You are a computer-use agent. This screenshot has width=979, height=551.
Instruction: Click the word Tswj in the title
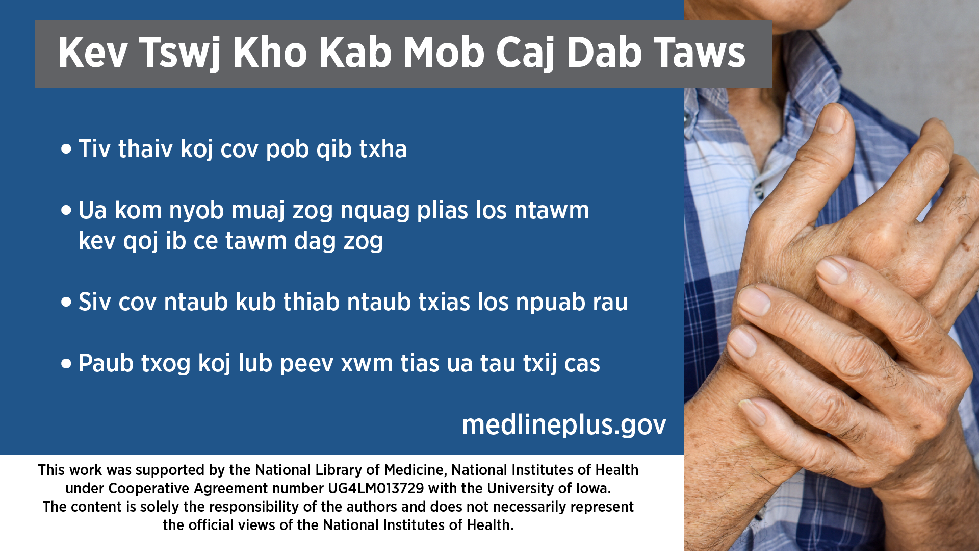click(180, 53)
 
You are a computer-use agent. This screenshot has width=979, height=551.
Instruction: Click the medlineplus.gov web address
click(564, 424)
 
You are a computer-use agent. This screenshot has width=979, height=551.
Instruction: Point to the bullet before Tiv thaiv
click(66, 149)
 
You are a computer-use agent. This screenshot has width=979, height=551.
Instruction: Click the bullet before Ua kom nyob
click(66, 210)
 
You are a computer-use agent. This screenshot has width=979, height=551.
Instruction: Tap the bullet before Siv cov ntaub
click(66, 302)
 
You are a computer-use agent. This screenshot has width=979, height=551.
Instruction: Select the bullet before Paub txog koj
click(66, 363)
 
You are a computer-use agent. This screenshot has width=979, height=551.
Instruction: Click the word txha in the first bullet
click(383, 149)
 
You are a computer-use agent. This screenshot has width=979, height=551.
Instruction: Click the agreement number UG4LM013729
click(376, 488)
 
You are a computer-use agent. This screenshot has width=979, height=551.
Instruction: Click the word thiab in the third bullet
click(312, 302)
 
